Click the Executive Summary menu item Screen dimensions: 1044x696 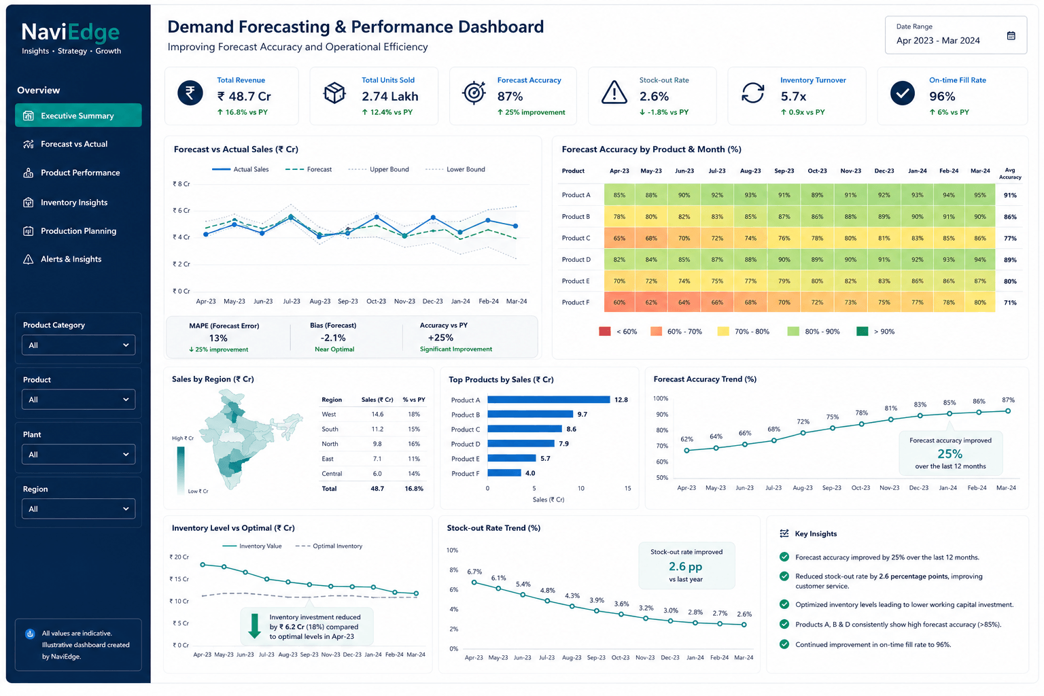pos(78,115)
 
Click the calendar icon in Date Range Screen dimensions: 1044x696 pos(1011,36)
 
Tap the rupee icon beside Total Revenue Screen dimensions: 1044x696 pos(190,92)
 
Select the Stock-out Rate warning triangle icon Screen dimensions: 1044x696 pos(614,92)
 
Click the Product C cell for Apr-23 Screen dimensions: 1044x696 pos(619,238)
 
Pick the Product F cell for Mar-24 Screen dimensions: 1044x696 pos(979,302)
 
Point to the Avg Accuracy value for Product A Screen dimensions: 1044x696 pos(1010,195)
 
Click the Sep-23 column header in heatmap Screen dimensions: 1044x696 pos(784,171)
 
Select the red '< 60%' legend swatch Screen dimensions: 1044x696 pos(604,332)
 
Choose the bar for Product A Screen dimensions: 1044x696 pos(549,400)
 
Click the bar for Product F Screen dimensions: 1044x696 pos(504,473)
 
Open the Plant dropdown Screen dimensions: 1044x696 pos(78,454)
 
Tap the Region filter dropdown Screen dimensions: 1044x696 pos(78,508)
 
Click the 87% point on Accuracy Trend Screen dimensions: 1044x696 pos(1008,411)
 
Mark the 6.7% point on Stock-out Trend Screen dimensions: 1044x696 pos(474,582)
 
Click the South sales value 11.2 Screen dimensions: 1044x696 pos(377,429)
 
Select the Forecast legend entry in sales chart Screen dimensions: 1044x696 pos(309,169)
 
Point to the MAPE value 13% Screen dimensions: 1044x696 pos(218,338)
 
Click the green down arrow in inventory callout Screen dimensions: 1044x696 pos(254,625)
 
